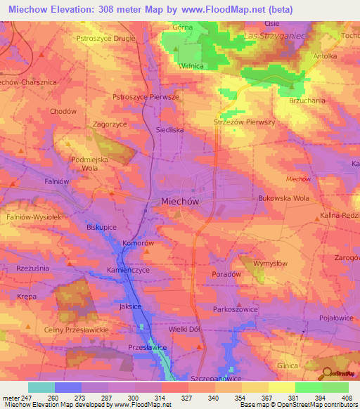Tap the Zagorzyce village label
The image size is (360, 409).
(110, 124)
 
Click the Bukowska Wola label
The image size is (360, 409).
(284, 198)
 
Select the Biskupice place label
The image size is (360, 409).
(101, 228)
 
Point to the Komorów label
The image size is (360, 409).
(138, 242)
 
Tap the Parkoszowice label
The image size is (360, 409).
(237, 309)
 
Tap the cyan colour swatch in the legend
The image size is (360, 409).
(41, 387)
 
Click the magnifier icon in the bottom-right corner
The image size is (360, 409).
(326, 374)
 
